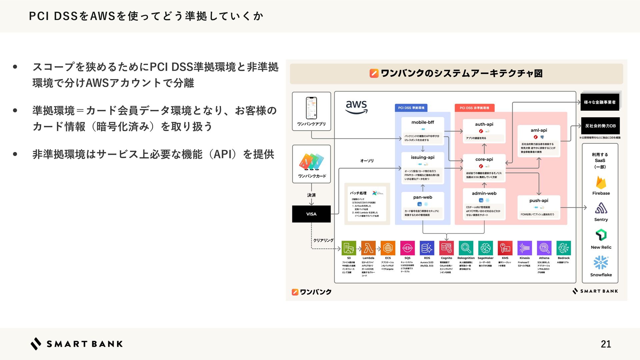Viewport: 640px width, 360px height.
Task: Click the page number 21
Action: click(606, 344)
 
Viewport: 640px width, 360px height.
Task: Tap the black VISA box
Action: click(311, 214)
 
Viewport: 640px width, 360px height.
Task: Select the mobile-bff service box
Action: click(423, 131)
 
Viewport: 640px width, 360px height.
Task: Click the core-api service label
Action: click(484, 159)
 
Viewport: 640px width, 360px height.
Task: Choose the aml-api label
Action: click(539, 130)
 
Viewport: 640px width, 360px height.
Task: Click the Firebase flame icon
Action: click(601, 182)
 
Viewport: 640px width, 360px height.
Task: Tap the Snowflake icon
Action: click(601, 263)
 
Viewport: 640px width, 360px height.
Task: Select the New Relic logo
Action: click(601, 235)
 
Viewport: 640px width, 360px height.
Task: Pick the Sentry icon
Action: click(601, 208)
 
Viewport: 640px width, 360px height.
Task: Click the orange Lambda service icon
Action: click(368, 248)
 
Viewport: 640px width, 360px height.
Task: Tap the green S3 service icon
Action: click(349, 248)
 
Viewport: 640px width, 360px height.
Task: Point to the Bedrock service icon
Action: click(564, 248)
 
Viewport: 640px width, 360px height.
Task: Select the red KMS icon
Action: click(505, 248)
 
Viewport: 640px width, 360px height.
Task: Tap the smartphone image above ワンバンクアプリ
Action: click(311, 108)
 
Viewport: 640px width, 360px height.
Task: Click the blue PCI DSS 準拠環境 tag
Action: click(411, 108)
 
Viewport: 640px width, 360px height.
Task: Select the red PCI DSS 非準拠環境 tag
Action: click(474, 108)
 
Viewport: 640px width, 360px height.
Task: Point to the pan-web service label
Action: click(423, 197)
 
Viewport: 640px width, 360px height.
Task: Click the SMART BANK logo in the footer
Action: click(77, 344)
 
